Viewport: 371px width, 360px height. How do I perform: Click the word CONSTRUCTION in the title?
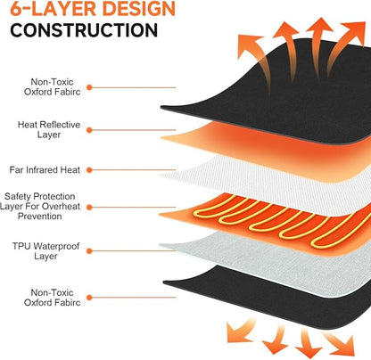84,30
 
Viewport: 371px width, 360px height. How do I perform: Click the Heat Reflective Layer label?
49,129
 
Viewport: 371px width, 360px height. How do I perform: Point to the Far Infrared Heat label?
45,170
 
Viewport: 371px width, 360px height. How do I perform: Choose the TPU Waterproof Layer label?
45,251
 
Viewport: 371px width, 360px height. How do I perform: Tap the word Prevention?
40,217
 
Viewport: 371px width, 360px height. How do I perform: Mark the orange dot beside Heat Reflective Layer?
89,130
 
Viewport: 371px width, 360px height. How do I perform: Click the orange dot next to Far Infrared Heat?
89,170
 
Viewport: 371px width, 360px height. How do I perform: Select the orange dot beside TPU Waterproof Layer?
89,251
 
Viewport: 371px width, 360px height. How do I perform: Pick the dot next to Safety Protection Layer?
89,208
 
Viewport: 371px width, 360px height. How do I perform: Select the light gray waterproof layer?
268,261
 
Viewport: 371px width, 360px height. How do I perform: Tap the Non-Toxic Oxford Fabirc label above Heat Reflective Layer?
52,86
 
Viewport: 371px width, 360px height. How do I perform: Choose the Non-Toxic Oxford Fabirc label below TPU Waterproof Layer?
52,298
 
